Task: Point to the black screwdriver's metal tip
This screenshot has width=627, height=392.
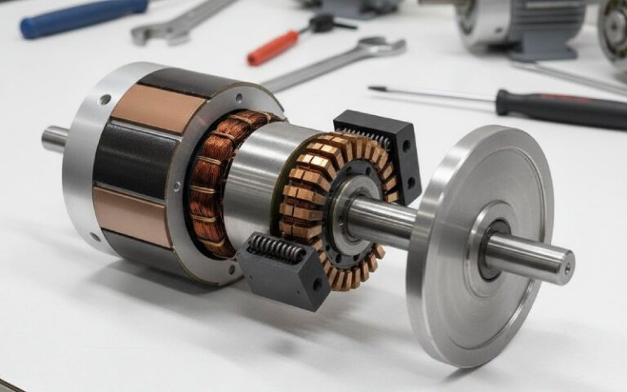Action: tap(376, 89)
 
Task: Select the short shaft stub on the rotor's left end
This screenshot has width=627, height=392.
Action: tap(54, 139)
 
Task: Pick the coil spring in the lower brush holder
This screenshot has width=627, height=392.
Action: tap(276, 247)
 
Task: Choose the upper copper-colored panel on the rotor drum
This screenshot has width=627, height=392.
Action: tap(147, 107)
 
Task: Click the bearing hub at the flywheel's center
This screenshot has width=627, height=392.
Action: tap(493, 245)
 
